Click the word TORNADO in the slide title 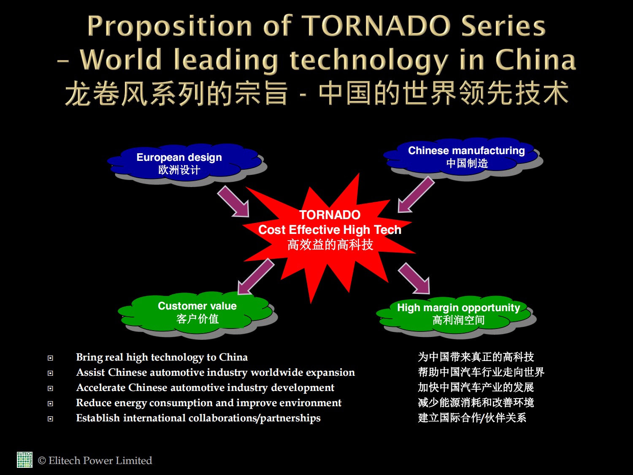coord(376,26)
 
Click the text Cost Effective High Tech coord(330,230)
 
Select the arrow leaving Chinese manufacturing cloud coord(416,195)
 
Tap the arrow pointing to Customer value coord(255,276)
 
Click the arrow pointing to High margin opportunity coord(414,278)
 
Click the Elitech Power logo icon coord(24,460)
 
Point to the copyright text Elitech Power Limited coord(95,461)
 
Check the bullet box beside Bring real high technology coord(50,358)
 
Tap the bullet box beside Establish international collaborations coord(50,418)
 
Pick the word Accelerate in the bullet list coord(100,388)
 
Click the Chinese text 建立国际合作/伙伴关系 coord(472,418)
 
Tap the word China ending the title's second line coord(535,60)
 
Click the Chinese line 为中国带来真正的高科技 coord(476,357)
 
